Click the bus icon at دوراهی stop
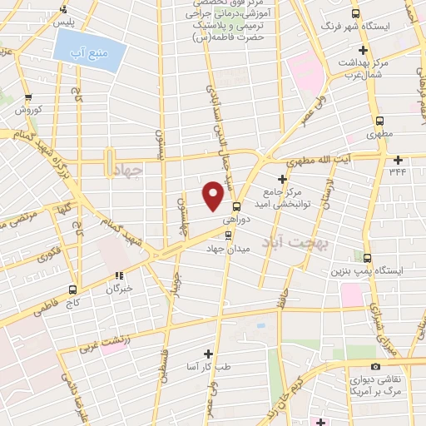(x=237, y=207)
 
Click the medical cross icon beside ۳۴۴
(x=398, y=160)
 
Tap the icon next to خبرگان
(x=119, y=275)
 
